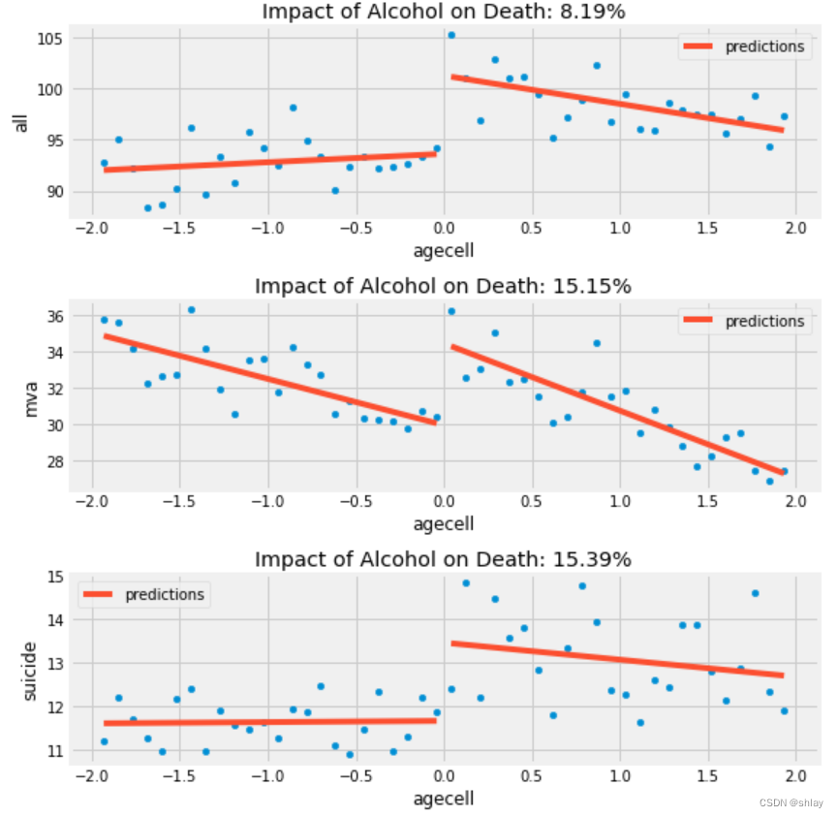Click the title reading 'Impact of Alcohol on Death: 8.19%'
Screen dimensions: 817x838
tap(443, 12)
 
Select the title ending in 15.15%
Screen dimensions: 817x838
tap(443, 286)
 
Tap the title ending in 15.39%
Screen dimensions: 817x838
tap(443, 559)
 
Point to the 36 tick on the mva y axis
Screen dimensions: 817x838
tap(55, 316)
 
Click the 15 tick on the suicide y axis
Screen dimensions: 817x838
tap(55, 577)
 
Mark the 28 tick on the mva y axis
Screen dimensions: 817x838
tap(55, 461)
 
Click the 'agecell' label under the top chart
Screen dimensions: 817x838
tap(443, 250)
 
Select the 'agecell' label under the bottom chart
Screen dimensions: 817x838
tap(443, 799)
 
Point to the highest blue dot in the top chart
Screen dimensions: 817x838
tap(450, 35)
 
